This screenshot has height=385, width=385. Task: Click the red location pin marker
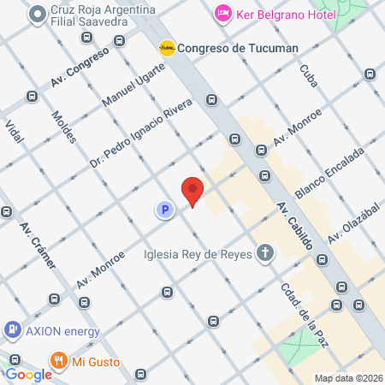point(192,191)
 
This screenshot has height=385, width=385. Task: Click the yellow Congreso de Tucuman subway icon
point(167,48)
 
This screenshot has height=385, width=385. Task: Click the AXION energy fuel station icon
point(13,329)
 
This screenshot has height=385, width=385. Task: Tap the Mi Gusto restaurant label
point(95,360)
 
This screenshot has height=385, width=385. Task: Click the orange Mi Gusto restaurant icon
point(58,360)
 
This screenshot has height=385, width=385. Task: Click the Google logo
point(28,374)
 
